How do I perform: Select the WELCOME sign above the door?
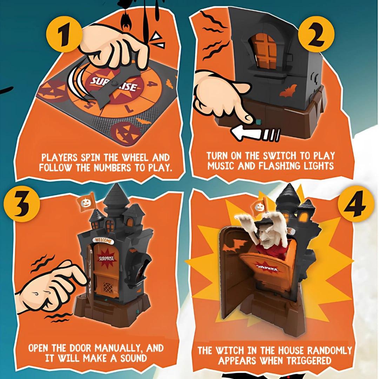(x=103, y=240)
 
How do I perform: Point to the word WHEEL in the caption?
(x=135, y=158)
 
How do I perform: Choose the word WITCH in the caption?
(x=231, y=351)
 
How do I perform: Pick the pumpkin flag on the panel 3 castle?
(x=86, y=201)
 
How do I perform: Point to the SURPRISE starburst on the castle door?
(x=106, y=259)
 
